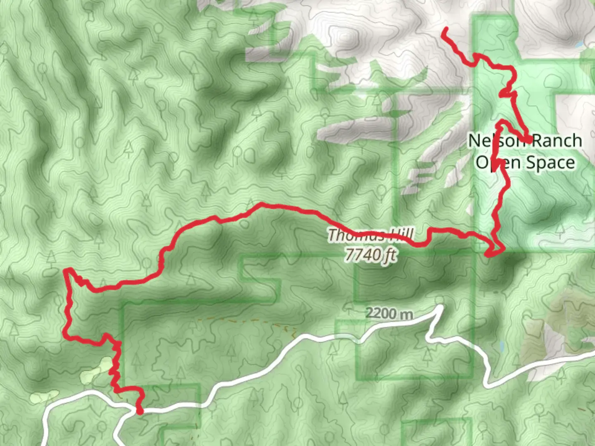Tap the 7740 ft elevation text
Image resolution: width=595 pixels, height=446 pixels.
[x=371, y=255]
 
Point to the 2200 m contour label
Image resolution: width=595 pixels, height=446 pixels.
[x=389, y=313]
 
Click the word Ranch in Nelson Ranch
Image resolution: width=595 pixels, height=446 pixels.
[x=556, y=141]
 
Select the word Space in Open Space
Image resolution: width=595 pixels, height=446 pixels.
[x=550, y=162]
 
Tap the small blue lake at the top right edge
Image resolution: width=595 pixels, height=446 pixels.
[x=579, y=44]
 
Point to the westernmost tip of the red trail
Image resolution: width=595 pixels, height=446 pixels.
[x=65, y=270]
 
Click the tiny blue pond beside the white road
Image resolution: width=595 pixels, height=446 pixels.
[x=502, y=346]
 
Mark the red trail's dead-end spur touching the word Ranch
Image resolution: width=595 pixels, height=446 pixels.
[x=529, y=141]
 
